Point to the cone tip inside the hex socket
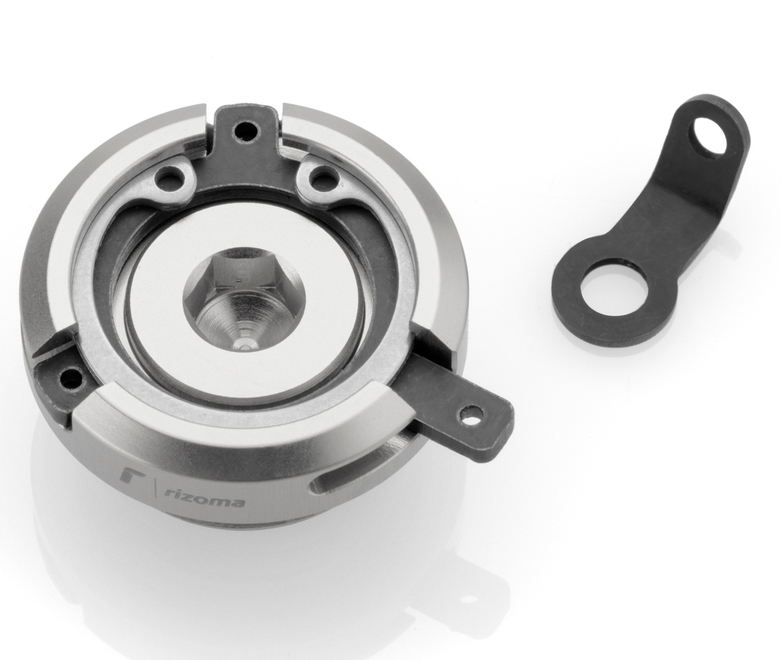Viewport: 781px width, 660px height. tap(244, 343)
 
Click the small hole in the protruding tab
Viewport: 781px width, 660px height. tap(465, 416)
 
